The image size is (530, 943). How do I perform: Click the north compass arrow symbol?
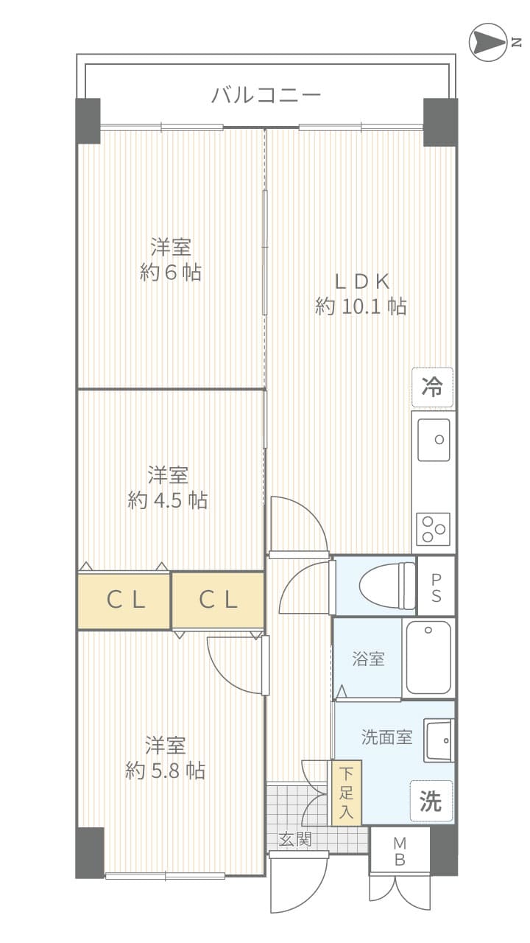click(x=488, y=42)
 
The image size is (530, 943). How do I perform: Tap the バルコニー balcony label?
click(x=266, y=95)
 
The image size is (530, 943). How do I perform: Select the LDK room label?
click(x=361, y=281)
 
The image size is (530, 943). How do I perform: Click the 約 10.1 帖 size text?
click(x=361, y=306)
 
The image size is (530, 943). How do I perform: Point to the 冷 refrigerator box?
click(x=432, y=388)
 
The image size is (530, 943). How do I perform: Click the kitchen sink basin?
click(x=434, y=440)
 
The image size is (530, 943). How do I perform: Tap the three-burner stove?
click(x=434, y=530)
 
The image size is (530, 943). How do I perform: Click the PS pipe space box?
click(x=437, y=586)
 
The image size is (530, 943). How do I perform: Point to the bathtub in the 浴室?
click(x=428, y=658)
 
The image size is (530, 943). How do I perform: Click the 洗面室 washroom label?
click(x=386, y=737)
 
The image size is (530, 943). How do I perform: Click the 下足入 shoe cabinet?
click(x=347, y=793)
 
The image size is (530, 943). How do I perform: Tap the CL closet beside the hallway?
click(x=218, y=600)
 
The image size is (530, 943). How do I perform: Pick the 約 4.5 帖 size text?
click(x=167, y=500)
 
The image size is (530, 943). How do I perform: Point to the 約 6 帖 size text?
click(x=170, y=273)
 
